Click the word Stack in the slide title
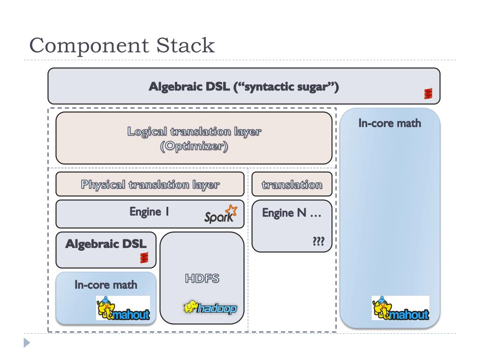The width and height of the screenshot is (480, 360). (x=186, y=45)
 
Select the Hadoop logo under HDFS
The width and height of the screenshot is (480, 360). (x=210, y=307)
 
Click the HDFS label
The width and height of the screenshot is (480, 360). (x=202, y=278)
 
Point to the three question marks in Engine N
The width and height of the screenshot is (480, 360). (x=318, y=241)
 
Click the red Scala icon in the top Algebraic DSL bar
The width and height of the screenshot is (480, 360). (x=428, y=93)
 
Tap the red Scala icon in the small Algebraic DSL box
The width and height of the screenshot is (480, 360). (x=144, y=257)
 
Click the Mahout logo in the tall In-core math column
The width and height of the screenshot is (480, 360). (x=400, y=308)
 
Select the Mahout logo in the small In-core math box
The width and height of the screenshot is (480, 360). (x=123, y=308)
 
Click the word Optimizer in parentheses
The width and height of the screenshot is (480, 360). (x=194, y=146)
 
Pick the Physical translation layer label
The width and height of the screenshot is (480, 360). (x=150, y=185)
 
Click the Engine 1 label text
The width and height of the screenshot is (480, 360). (x=149, y=212)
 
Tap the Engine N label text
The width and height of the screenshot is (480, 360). (x=292, y=213)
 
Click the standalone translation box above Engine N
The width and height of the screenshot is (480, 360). (x=292, y=184)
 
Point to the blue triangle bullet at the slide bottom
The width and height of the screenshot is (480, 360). (x=27, y=343)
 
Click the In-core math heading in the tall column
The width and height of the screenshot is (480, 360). (x=390, y=123)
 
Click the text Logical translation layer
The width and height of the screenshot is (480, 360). (x=194, y=131)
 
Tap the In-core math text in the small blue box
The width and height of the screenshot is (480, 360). (x=106, y=285)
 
